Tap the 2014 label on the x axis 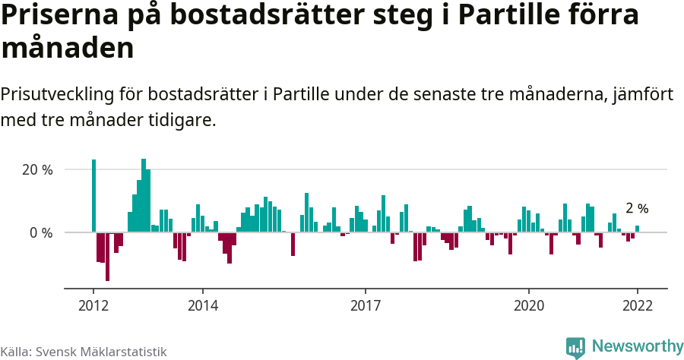point(202,306)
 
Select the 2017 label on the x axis point(366,306)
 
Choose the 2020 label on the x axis point(529,306)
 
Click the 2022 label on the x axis point(638,306)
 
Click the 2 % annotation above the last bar point(637,208)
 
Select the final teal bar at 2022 point(638,229)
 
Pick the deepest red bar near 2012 point(107,256)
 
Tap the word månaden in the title point(68,49)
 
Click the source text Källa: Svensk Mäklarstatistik point(84,352)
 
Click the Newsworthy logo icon point(575,347)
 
